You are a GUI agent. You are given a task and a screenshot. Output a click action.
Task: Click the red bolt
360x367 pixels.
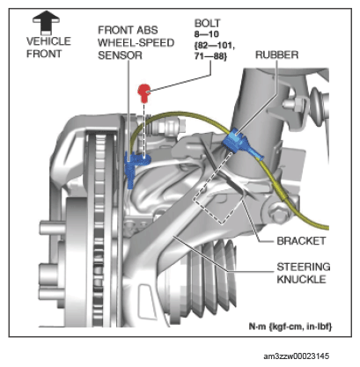point(143,92)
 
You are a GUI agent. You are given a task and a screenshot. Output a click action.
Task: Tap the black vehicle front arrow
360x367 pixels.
point(46,23)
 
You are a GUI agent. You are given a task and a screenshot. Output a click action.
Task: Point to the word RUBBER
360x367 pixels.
point(276,55)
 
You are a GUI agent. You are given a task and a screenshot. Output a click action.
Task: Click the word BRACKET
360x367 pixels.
point(301,241)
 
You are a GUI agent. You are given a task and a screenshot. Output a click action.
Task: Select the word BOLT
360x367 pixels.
point(207,23)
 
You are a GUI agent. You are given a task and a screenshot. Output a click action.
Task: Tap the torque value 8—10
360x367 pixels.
point(207,34)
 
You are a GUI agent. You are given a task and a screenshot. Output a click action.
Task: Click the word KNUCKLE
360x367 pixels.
point(301,279)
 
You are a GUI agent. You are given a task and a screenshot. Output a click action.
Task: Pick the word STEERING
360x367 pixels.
point(304,267)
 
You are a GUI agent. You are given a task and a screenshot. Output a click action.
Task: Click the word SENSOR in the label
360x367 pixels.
point(120,55)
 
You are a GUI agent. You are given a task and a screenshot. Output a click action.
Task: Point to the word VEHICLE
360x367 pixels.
point(48,41)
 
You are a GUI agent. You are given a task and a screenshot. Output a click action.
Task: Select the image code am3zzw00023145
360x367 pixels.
point(297,356)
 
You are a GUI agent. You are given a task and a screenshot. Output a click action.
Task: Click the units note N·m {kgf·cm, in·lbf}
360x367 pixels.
point(290,327)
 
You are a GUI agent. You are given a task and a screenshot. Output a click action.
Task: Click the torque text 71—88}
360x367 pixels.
point(210,56)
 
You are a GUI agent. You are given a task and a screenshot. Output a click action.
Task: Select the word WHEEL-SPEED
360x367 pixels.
point(136,43)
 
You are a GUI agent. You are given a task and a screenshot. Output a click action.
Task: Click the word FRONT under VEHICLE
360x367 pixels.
point(44,54)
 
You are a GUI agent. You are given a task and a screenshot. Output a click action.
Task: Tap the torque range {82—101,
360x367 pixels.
point(215,46)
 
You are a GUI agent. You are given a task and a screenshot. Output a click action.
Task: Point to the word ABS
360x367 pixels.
point(147,30)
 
